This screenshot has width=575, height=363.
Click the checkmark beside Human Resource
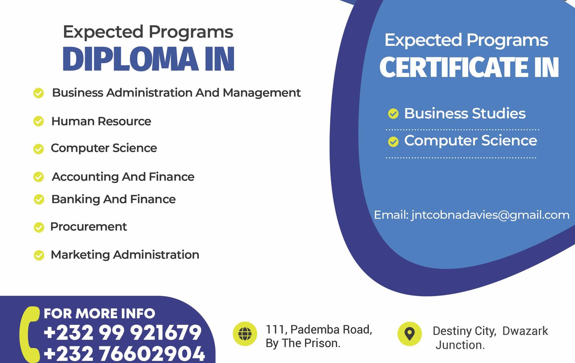pyautogui.click(x=39, y=121)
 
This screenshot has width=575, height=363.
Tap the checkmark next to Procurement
pyautogui.click(x=39, y=227)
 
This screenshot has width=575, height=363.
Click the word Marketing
pyautogui.click(x=80, y=255)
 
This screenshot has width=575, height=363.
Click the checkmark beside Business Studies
pyautogui.click(x=393, y=114)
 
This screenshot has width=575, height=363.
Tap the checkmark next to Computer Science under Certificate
pyautogui.click(x=393, y=142)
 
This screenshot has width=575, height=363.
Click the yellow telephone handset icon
pyautogui.click(x=29, y=334)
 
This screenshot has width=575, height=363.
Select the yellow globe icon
pyautogui.click(x=245, y=334)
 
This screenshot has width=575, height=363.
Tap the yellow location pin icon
pyautogui.click(x=410, y=334)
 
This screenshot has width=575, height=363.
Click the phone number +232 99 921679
pyautogui.click(x=123, y=332)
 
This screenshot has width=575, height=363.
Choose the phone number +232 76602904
pyautogui.click(x=124, y=353)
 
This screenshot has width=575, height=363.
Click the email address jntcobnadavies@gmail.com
pyautogui.click(x=490, y=215)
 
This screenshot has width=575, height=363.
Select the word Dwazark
pyautogui.click(x=525, y=331)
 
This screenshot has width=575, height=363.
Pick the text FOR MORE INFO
pyautogui.click(x=99, y=313)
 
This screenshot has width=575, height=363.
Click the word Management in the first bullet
pyautogui.click(x=262, y=93)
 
